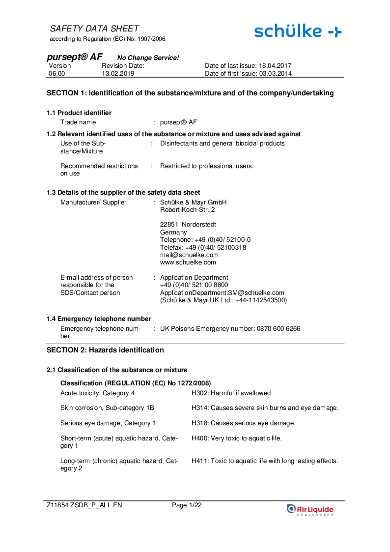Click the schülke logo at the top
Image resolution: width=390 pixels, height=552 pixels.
[x=298, y=31]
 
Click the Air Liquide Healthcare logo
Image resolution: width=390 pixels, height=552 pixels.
[x=310, y=510]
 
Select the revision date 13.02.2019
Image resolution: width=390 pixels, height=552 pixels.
[x=118, y=74]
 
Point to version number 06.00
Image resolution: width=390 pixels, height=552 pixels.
[x=56, y=74]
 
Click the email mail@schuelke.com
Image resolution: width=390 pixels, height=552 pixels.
[x=189, y=255]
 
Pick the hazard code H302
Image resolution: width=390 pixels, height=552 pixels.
[x=199, y=393]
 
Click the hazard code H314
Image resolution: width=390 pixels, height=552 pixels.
[x=199, y=407]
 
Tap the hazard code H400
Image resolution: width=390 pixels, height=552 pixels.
[x=199, y=438]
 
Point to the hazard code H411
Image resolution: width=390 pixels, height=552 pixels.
[x=199, y=461]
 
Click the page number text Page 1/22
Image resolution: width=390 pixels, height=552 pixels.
[x=187, y=505]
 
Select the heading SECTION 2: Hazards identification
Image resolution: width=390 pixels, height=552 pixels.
[x=105, y=350]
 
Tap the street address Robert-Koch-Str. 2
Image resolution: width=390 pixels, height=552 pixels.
[x=187, y=209]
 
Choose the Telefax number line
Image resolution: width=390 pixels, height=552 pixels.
[x=203, y=247]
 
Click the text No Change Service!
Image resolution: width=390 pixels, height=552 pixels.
[x=148, y=58]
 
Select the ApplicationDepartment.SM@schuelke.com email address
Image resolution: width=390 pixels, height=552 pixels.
[x=222, y=292]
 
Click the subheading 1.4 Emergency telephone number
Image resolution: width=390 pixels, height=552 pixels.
[x=99, y=319]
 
